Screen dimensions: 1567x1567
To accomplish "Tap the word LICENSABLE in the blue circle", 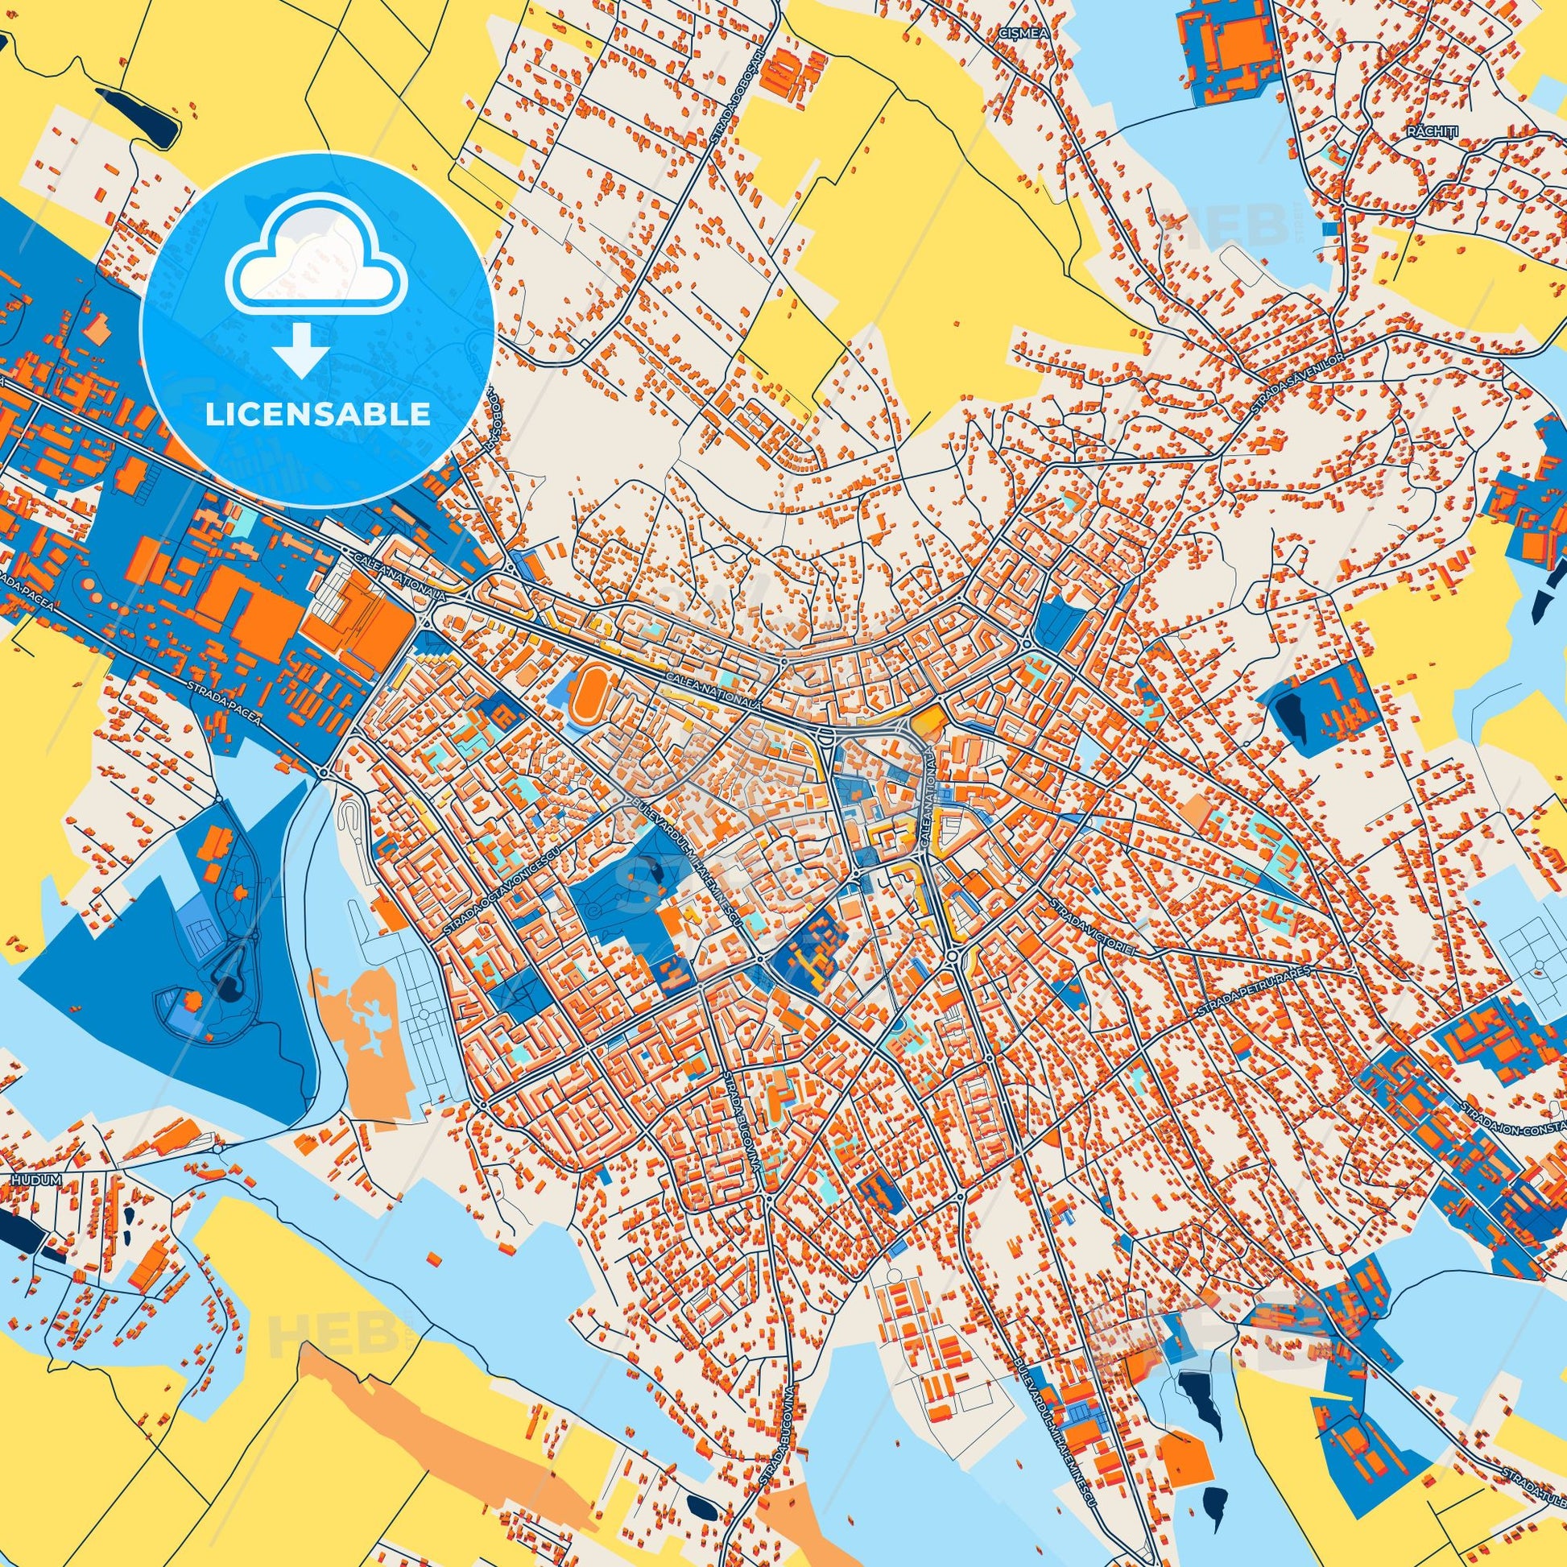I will (x=318, y=414).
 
